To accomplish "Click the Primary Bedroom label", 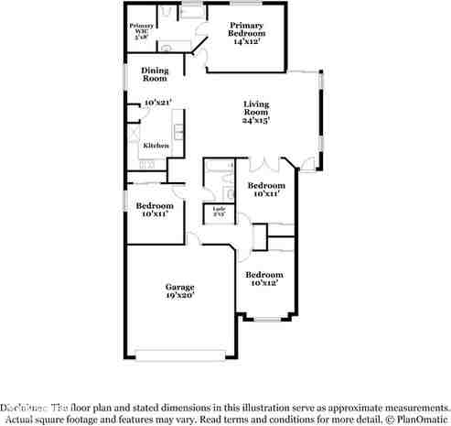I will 246,26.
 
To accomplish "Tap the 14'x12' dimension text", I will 246,42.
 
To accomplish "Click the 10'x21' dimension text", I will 157,102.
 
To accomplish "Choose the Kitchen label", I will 155,146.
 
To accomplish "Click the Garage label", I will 179,287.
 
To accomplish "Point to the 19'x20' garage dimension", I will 179,296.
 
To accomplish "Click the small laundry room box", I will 219,213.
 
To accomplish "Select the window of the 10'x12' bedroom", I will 266,319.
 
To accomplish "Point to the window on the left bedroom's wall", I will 125,201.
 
